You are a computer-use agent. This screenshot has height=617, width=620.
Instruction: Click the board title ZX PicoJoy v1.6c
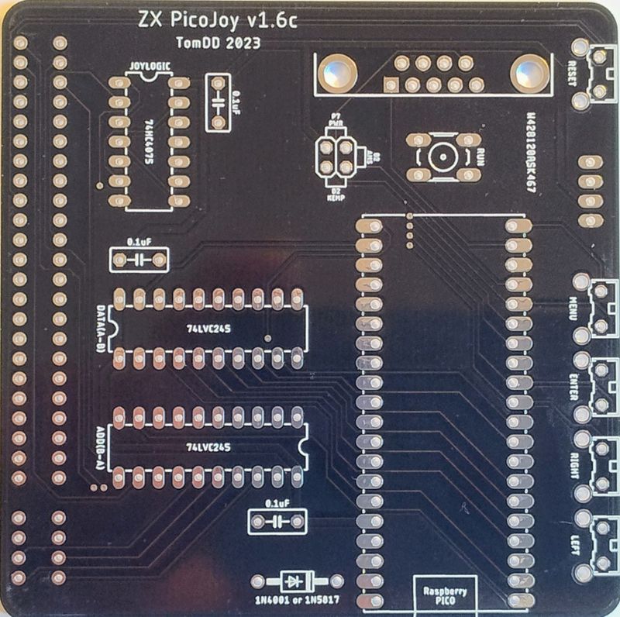216,21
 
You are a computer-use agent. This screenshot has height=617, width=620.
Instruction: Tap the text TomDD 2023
217,44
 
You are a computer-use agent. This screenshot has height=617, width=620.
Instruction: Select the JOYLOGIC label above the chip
149,67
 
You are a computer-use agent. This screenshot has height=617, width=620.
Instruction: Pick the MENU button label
573,309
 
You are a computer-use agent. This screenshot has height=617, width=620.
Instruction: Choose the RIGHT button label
573,464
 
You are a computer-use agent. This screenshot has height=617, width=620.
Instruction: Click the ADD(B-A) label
101,445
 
